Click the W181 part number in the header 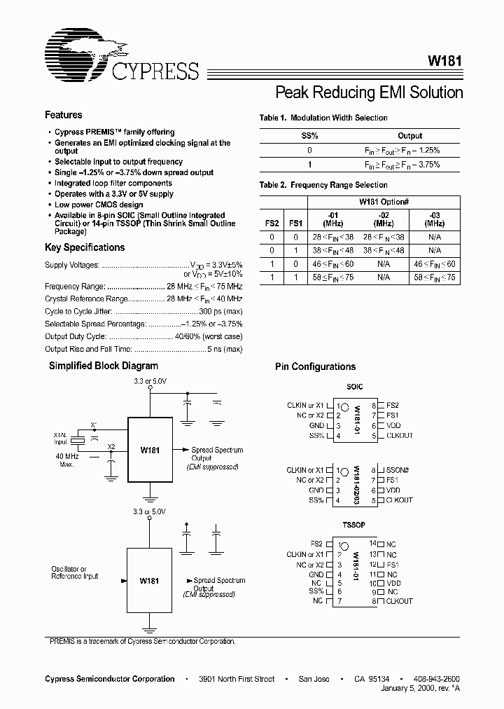tap(444, 61)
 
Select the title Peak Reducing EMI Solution tap(369, 92)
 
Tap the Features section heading tap(63, 115)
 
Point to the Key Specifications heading tap(85, 247)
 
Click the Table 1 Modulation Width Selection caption tap(323, 118)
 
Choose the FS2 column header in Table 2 tap(272, 223)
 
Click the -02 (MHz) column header tap(383, 219)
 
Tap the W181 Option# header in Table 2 tap(383, 201)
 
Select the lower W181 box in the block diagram tap(149, 581)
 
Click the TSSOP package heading tap(354, 525)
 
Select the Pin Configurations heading tap(315, 366)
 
